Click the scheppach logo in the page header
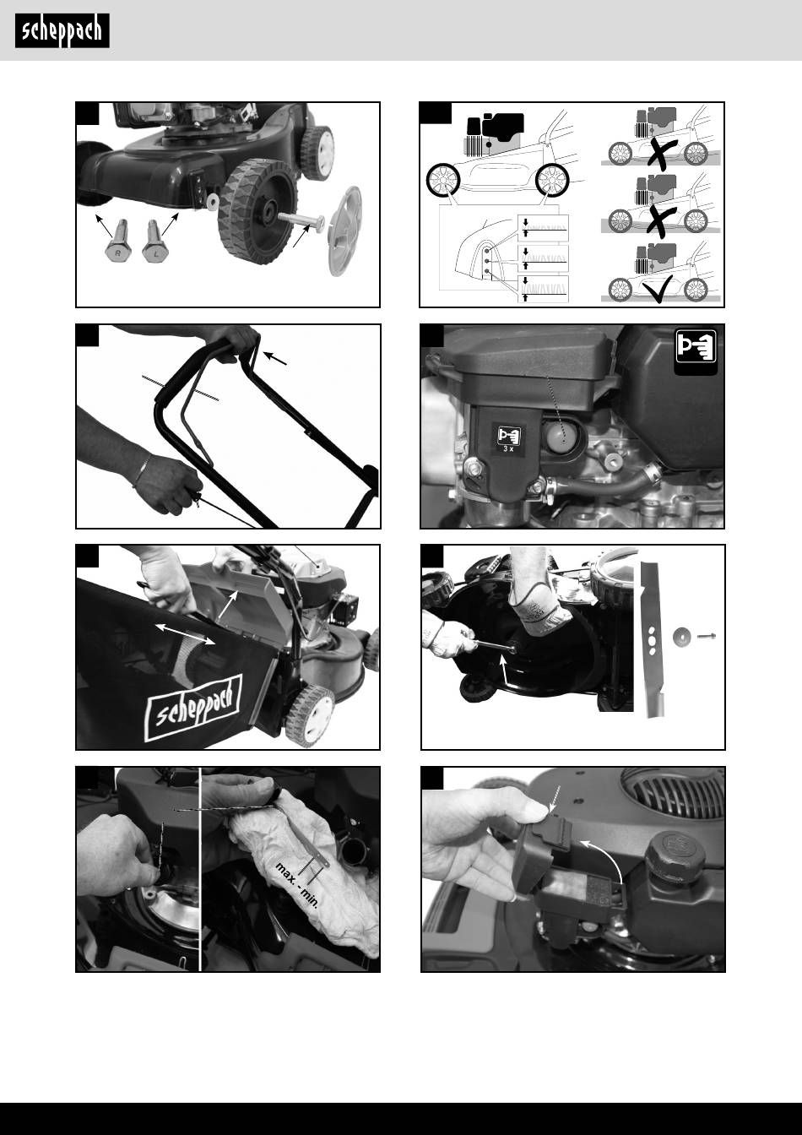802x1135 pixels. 62,31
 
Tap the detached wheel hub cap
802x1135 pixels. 346,231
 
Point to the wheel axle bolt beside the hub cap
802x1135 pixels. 301,220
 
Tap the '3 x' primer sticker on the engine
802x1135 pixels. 509,438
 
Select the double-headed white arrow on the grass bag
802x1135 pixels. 185,634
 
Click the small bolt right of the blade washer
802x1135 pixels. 707,635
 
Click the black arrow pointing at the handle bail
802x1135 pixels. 275,358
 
